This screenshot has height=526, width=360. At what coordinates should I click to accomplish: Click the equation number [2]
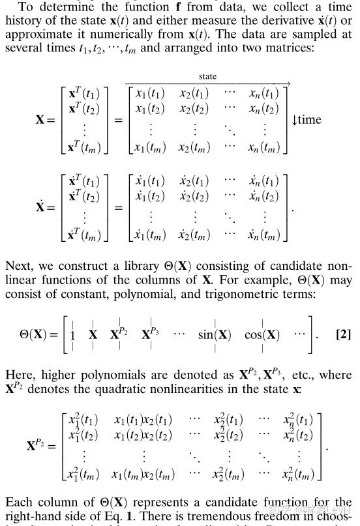tap(343, 334)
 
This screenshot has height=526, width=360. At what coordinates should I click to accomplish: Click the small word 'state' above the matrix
tap(207, 77)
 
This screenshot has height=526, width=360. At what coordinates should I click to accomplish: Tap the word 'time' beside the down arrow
tap(310, 119)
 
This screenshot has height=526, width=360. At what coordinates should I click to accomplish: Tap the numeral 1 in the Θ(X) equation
tap(72, 335)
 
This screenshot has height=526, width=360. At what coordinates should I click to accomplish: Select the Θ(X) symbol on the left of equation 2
tap(35, 335)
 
